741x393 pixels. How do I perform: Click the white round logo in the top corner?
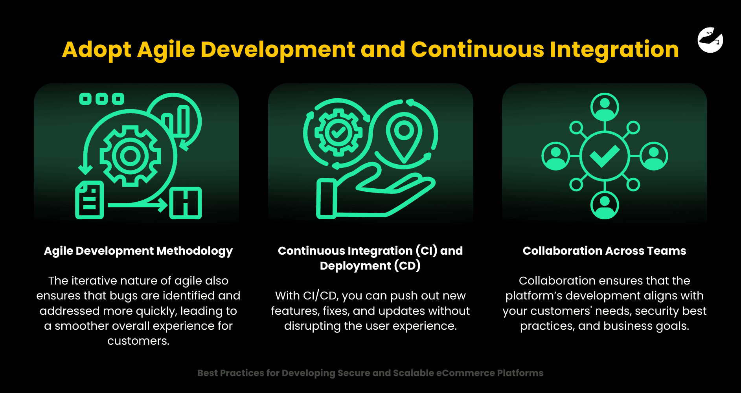710,40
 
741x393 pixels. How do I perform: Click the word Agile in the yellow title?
166,50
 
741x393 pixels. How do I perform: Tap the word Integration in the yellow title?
614,50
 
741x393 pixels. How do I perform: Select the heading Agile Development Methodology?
138,251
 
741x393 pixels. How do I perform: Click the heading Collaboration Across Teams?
604,251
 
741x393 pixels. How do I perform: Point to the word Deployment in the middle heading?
355,266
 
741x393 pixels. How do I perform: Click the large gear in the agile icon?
131,156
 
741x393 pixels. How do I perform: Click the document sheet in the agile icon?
90,200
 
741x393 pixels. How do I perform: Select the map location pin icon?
404,136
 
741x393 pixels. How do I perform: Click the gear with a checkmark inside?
338,132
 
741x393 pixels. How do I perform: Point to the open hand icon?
373,193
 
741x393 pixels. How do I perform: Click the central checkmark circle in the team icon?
605,156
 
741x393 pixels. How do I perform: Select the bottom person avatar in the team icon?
605,205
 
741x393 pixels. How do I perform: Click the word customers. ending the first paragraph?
138,341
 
